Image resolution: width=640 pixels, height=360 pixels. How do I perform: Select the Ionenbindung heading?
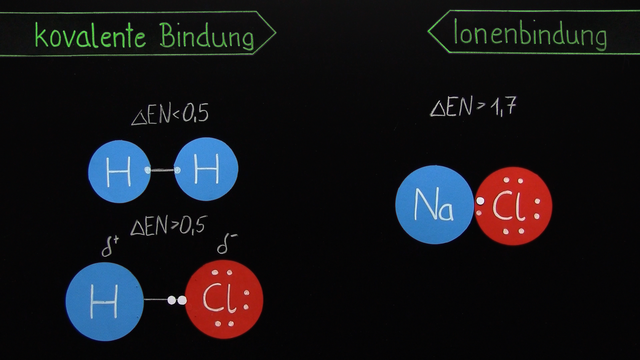[x=531, y=35]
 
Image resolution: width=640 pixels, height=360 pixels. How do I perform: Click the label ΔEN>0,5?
[x=169, y=226]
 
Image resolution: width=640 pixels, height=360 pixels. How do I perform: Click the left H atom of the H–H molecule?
[x=118, y=171]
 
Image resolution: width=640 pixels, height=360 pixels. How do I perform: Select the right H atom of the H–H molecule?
[x=206, y=171]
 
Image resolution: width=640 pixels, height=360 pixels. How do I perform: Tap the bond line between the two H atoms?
[x=162, y=171]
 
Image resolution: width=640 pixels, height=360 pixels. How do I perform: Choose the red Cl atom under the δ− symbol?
[x=225, y=298]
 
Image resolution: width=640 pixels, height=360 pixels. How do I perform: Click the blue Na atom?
[x=434, y=206]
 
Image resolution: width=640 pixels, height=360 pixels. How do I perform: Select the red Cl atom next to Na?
[x=512, y=206]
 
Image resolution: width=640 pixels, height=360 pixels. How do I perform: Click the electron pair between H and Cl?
[x=177, y=298]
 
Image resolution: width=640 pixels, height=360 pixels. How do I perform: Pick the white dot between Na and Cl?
[x=480, y=202]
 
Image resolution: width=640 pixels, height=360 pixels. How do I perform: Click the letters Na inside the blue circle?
[x=434, y=208]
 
